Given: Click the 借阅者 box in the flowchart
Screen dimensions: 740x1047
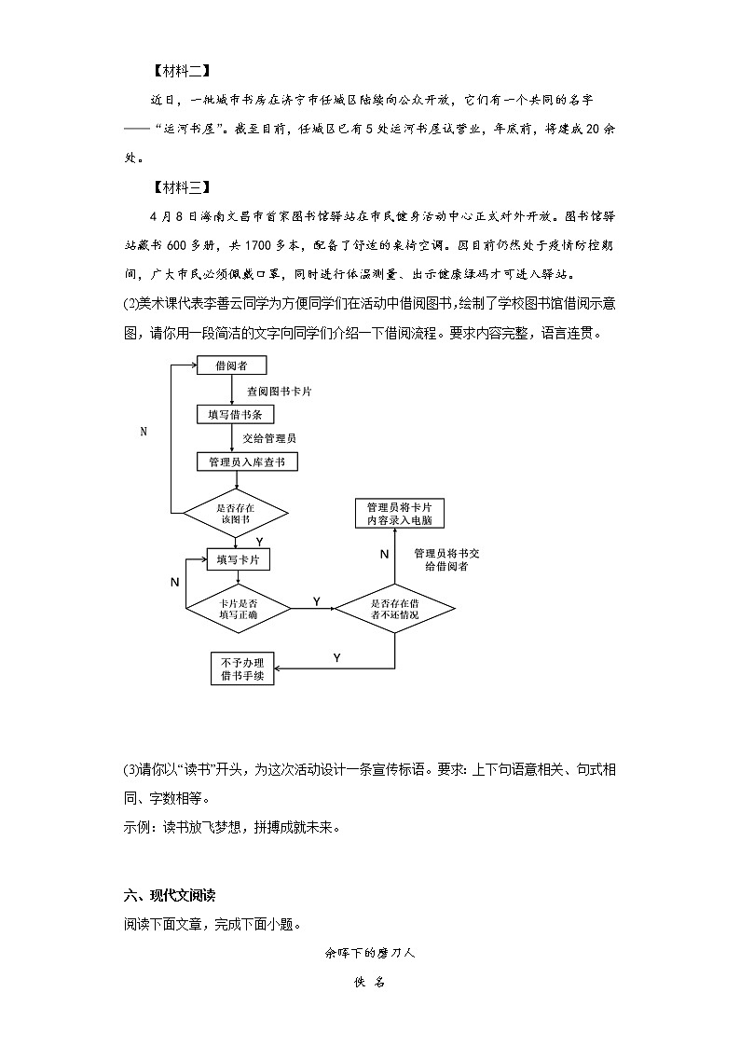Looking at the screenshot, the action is click(x=231, y=365).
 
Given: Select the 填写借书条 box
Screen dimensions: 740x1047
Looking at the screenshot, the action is click(x=231, y=414).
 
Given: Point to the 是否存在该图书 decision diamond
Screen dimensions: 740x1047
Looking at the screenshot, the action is click(x=235, y=513).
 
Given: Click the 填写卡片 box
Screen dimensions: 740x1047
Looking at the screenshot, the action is click(x=238, y=559).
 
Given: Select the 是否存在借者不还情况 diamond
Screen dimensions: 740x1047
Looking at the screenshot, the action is click(x=394, y=609).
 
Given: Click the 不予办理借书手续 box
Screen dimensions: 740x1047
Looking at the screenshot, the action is click(x=242, y=668).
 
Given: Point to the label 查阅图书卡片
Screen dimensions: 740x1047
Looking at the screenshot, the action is click(x=279, y=392).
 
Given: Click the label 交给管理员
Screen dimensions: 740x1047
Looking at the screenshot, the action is click(x=269, y=437).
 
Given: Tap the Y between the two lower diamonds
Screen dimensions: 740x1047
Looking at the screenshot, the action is click(x=316, y=601).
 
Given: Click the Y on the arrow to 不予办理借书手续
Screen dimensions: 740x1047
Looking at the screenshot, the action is click(x=336, y=658).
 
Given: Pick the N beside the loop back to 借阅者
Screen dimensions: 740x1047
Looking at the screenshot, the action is click(x=144, y=432).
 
